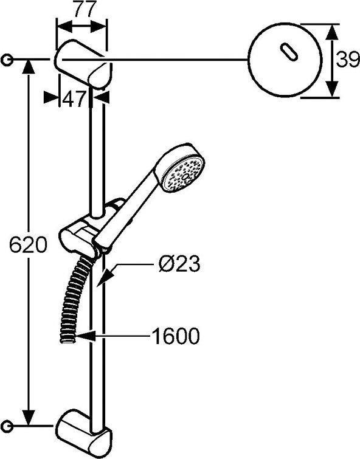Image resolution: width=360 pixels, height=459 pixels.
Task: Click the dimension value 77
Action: (81, 10)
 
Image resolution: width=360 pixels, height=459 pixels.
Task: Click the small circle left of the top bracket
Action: (7, 60)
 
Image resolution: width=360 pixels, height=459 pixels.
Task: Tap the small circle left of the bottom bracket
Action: (7, 424)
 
